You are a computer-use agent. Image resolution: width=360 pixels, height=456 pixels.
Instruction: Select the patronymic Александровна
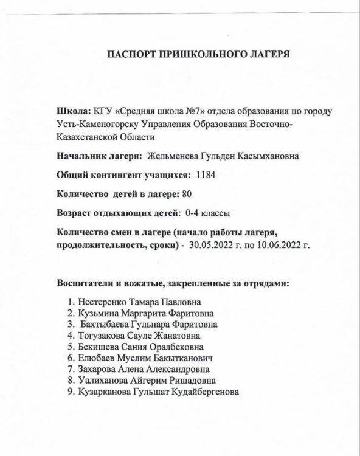pyautogui.click(x=179, y=369)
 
